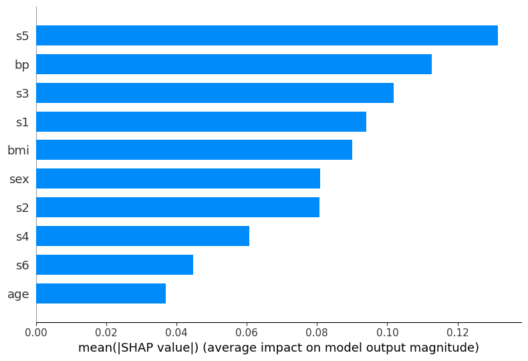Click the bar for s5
267,35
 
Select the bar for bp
234,64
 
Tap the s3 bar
215,93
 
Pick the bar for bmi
194,150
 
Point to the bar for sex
178,178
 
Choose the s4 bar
142,236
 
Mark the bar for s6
114,265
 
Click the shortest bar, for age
101,293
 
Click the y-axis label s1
22,122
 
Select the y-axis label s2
22,208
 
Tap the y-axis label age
18,294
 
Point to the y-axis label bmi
18,150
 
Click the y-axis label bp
22,65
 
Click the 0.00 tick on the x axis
36,332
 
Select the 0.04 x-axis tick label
176,332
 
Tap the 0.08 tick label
317,332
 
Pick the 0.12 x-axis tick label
457,332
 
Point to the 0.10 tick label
387,332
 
